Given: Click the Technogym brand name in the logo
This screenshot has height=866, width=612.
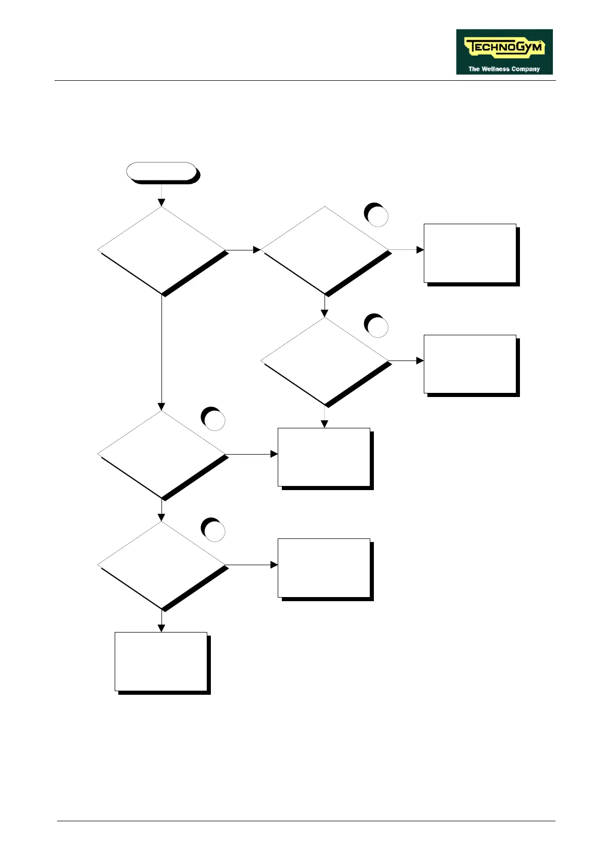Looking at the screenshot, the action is click(503, 48).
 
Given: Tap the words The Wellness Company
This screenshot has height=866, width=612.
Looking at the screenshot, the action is click(504, 69).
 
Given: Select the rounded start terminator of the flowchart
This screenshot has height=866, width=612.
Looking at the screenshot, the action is click(161, 171).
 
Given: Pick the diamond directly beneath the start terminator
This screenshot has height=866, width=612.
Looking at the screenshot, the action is click(161, 250).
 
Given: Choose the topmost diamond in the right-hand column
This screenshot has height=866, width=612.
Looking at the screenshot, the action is click(325, 250).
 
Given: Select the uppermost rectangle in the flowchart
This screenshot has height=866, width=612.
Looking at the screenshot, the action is click(470, 253).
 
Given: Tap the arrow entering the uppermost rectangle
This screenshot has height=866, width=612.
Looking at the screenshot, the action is click(407, 250).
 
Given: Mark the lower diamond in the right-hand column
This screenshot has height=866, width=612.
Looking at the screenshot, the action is click(325, 361).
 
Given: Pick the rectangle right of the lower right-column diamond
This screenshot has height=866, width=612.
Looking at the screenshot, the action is click(470, 364).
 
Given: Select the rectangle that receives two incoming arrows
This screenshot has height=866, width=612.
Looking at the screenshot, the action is click(324, 457).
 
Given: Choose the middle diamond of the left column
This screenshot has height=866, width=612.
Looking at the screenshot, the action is click(161, 455).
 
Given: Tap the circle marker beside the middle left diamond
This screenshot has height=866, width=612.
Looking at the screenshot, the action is click(213, 419).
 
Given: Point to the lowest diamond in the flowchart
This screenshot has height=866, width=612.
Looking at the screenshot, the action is click(161, 565).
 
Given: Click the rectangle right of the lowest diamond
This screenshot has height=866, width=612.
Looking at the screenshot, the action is click(324, 568).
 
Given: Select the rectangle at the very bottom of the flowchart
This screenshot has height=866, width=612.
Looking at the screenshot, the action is click(161, 661).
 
